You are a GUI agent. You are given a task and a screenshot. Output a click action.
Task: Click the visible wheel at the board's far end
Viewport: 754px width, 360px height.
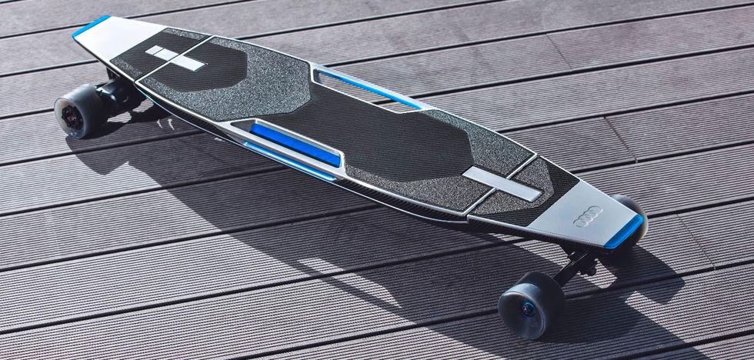[x=80, y=110]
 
